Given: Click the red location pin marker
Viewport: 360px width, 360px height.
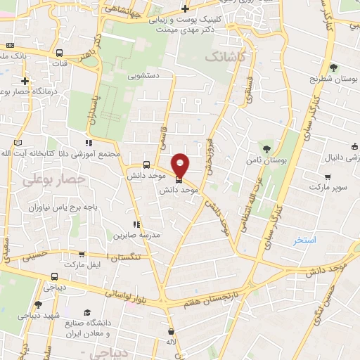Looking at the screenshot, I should click(181, 165).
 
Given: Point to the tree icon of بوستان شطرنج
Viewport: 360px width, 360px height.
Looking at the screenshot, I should click(333, 67).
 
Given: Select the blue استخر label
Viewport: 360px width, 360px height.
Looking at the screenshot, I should click(305, 240).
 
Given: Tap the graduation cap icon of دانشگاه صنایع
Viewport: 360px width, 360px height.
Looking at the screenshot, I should click(87, 313).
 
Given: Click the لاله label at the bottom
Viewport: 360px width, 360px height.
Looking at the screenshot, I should click(171, 342).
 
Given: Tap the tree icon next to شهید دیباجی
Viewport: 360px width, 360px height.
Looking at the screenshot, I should click(38, 304).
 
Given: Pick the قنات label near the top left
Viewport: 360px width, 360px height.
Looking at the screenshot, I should click(50, 63).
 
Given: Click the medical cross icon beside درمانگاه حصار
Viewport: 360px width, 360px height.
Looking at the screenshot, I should click(25, 81).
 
